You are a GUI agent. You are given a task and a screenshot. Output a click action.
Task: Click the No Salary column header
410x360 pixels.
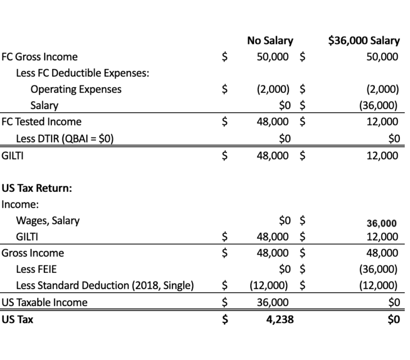(x=270, y=41)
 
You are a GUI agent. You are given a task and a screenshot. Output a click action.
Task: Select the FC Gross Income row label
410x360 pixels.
(x=40, y=57)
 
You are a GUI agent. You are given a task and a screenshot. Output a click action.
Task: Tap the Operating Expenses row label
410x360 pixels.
(x=76, y=89)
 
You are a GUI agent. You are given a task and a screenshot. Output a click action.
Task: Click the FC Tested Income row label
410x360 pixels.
(x=42, y=122)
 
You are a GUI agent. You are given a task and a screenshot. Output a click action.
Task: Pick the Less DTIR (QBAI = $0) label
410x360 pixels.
(x=65, y=139)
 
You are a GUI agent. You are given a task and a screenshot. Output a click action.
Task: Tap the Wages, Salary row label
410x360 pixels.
(x=48, y=220)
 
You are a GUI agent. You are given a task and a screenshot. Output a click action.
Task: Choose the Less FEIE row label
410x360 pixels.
(x=36, y=269)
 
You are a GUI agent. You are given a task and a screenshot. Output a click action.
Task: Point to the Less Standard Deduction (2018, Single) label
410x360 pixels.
(x=105, y=286)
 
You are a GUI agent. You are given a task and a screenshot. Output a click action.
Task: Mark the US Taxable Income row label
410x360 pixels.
(x=44, y=302)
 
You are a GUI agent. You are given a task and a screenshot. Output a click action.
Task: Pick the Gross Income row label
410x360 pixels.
(x=33, y=253)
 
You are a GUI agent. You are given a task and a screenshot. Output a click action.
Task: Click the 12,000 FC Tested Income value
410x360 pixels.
(x=382, y=122)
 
